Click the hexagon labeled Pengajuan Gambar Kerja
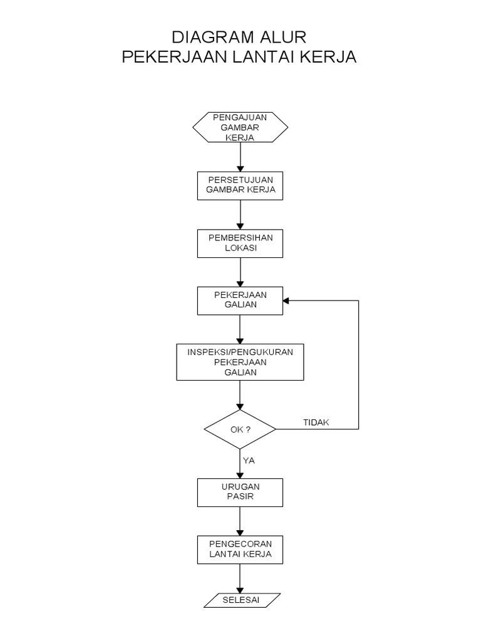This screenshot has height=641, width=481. (240, 127)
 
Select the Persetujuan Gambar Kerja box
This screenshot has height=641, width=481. (240, 185)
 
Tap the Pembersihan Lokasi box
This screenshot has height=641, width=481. (240, 243)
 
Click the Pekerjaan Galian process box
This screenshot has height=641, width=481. (240, 300)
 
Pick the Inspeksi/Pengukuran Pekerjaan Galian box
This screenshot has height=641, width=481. (240, 362)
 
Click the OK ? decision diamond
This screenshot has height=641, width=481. (240, 429)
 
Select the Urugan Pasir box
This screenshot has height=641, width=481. (240, 492)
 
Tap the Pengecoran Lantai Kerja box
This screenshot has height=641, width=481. (240, 550)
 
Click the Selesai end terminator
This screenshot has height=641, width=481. (240, 600)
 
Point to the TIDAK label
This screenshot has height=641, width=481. (316, 423)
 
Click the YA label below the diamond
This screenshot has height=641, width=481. (249, 460)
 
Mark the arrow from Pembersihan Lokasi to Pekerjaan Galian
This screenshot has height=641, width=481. (240, 272)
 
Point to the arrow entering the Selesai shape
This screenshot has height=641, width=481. (240, 578)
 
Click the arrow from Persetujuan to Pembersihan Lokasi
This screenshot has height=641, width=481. (240, 214)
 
